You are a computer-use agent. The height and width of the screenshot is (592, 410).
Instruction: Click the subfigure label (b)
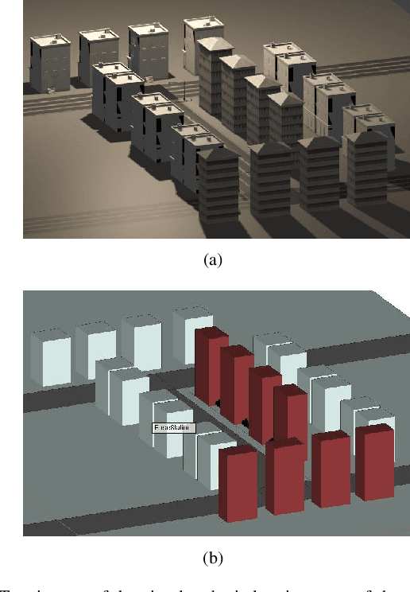[212, 558]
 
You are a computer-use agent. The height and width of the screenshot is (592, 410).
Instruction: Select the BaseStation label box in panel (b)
[173, 427]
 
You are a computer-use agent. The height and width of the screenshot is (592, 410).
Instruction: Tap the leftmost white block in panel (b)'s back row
[50, 357]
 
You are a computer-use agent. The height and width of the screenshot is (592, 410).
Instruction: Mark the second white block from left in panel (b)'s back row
[95, 350]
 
